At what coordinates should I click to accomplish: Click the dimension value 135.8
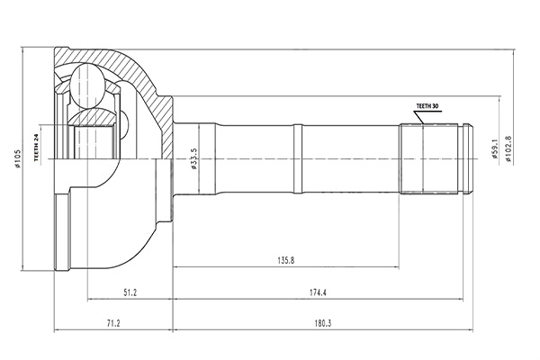[285, 262]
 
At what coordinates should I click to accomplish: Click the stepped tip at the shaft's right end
[465, 158]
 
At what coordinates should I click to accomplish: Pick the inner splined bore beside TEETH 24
[90, 142]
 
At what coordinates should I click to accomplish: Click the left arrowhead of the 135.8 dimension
[175, 267]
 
